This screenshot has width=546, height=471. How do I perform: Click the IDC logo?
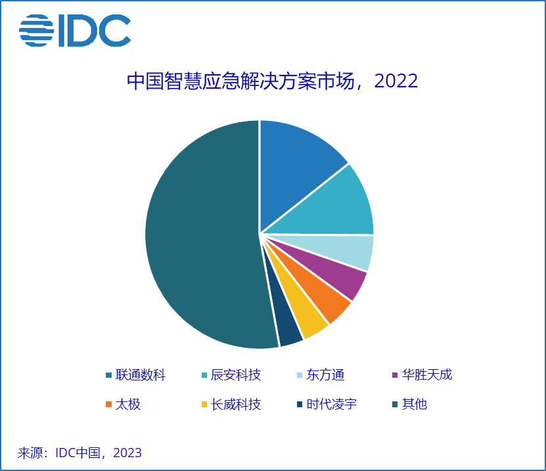tap(75, 30)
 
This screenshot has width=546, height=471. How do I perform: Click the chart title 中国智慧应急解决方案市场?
tap(240, 81)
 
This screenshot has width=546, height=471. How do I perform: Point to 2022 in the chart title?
tap(396, 81)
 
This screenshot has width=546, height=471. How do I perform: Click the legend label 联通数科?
tap(141, 375)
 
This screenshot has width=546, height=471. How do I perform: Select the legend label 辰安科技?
tap(236, 375)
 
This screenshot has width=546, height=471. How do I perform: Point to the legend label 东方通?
tap(325, 375)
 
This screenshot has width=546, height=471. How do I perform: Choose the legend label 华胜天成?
tap(427, 375)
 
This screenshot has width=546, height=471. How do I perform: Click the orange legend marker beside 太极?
tap(108, 405)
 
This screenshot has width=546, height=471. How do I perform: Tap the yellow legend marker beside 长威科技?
tap(204, 405)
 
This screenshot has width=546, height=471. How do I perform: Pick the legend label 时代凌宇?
tap(332, 405)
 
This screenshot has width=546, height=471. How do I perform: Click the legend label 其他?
tap(415, 405)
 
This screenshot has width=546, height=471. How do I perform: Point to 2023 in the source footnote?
tap(127, 453)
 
